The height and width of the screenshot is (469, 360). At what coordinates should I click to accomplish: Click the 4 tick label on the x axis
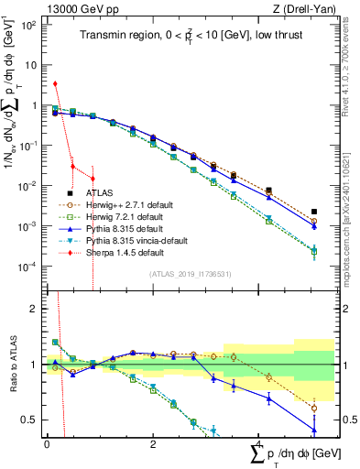[x=260, y=443]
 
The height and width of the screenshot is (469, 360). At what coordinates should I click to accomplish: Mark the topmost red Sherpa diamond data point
[x=55, y=84]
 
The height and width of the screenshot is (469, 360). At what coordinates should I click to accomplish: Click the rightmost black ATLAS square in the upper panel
[x=314, y=212]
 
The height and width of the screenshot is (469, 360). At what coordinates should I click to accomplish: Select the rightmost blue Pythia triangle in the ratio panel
[x=314, y=430]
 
